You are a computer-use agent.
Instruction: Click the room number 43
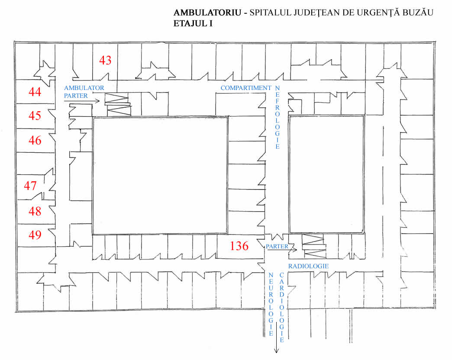pyautogui.click(x=105, y=60)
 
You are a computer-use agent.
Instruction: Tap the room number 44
pyautogui.click(x=35, y=92)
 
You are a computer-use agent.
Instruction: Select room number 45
pyautogui.click(x=35, y=116)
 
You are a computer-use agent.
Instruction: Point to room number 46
pyautogui.click(x=35, y=140)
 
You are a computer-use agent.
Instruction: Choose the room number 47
pyautogui.click(x=30, y=186)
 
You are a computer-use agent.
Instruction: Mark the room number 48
pyautogui.click(x=35, y=211)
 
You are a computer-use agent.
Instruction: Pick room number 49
pyautogui.click(x=35, y=235)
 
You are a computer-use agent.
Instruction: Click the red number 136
pyautogui.click(x=239, y=246)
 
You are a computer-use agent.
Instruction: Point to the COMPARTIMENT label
pyautogui.click(x=245, y=88)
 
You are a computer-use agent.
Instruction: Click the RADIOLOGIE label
pyautogui.click(x=308, y=266)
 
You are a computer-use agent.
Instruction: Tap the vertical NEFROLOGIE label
pyautogui.click(x=278, y=117)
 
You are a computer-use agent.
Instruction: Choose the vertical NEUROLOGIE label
pyautogui.click(x=271, y=305)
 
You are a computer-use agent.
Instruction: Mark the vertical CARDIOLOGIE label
pyautogui.click(x=282, y=307)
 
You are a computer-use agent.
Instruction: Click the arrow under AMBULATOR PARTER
pyautogui.click(x=82, y=101)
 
